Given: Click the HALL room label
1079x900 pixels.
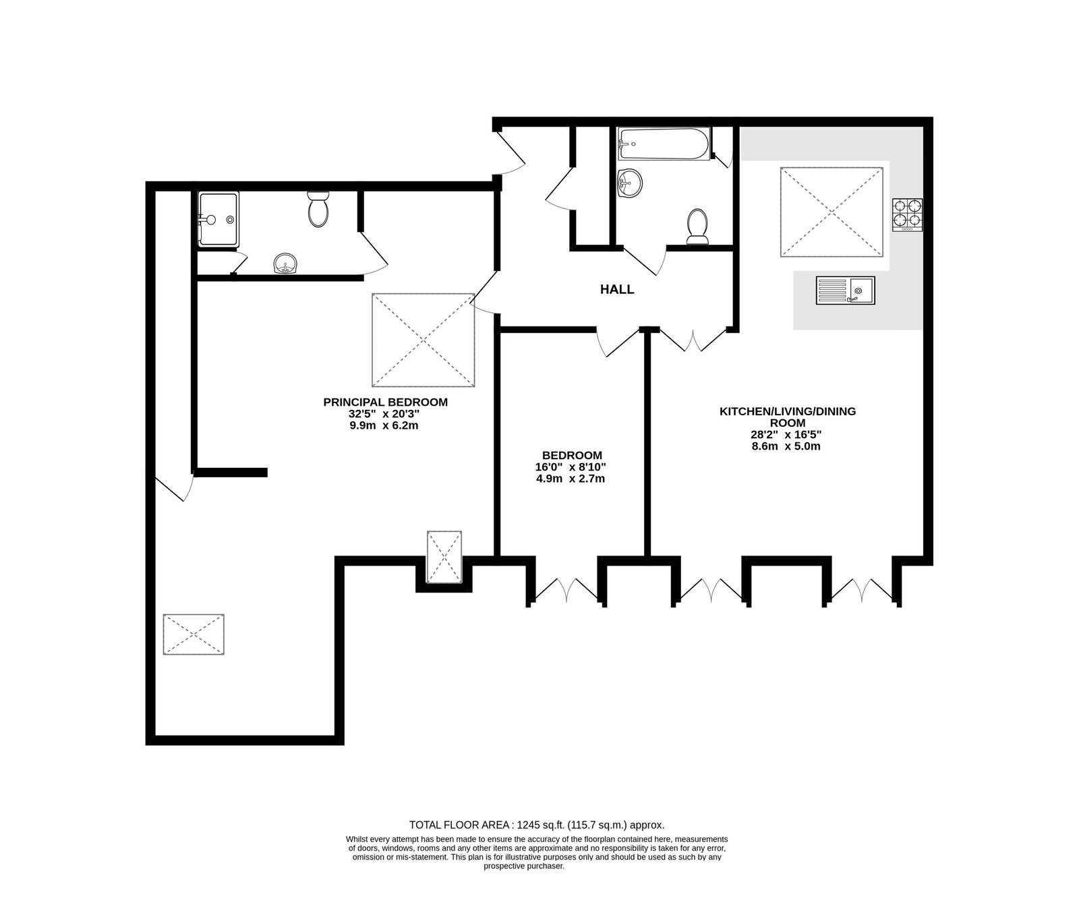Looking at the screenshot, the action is pyautogui.click(x=617, y=290).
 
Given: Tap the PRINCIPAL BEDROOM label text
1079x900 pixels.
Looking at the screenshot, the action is pyautogui.click(x=386, y=402).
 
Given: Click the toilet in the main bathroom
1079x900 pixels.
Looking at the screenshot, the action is pyautogui.click(x=697, y=226).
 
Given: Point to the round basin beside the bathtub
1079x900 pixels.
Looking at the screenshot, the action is pyautogui.click(x=631, y=182).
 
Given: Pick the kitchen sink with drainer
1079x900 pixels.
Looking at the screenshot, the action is pyautogui.click(x=845, y=291).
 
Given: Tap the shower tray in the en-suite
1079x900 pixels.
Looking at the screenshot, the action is pyautogui.click(x=218, y=219).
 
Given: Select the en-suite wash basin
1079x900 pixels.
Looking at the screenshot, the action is pyautogui.click(x=287, y=264).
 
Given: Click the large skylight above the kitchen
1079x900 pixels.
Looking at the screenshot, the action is pyautogui.click(x=832, y=212).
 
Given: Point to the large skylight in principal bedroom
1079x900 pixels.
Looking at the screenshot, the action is pyautogui.click(x=424, y=340).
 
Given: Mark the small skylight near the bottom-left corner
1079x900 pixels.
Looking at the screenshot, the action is pyautogui.click(x=194, y=634).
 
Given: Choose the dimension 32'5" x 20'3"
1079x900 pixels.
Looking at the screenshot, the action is pyautogui.click(x=384, y=414).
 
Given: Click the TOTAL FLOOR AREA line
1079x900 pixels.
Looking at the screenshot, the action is pyautogui.click(x=537, y=824).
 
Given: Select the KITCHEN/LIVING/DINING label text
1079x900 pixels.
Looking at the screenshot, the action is pyautogui.click(x=788, y=411).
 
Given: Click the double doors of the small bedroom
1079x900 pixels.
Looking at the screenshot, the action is pyautogui.click(x=566, y=589).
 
